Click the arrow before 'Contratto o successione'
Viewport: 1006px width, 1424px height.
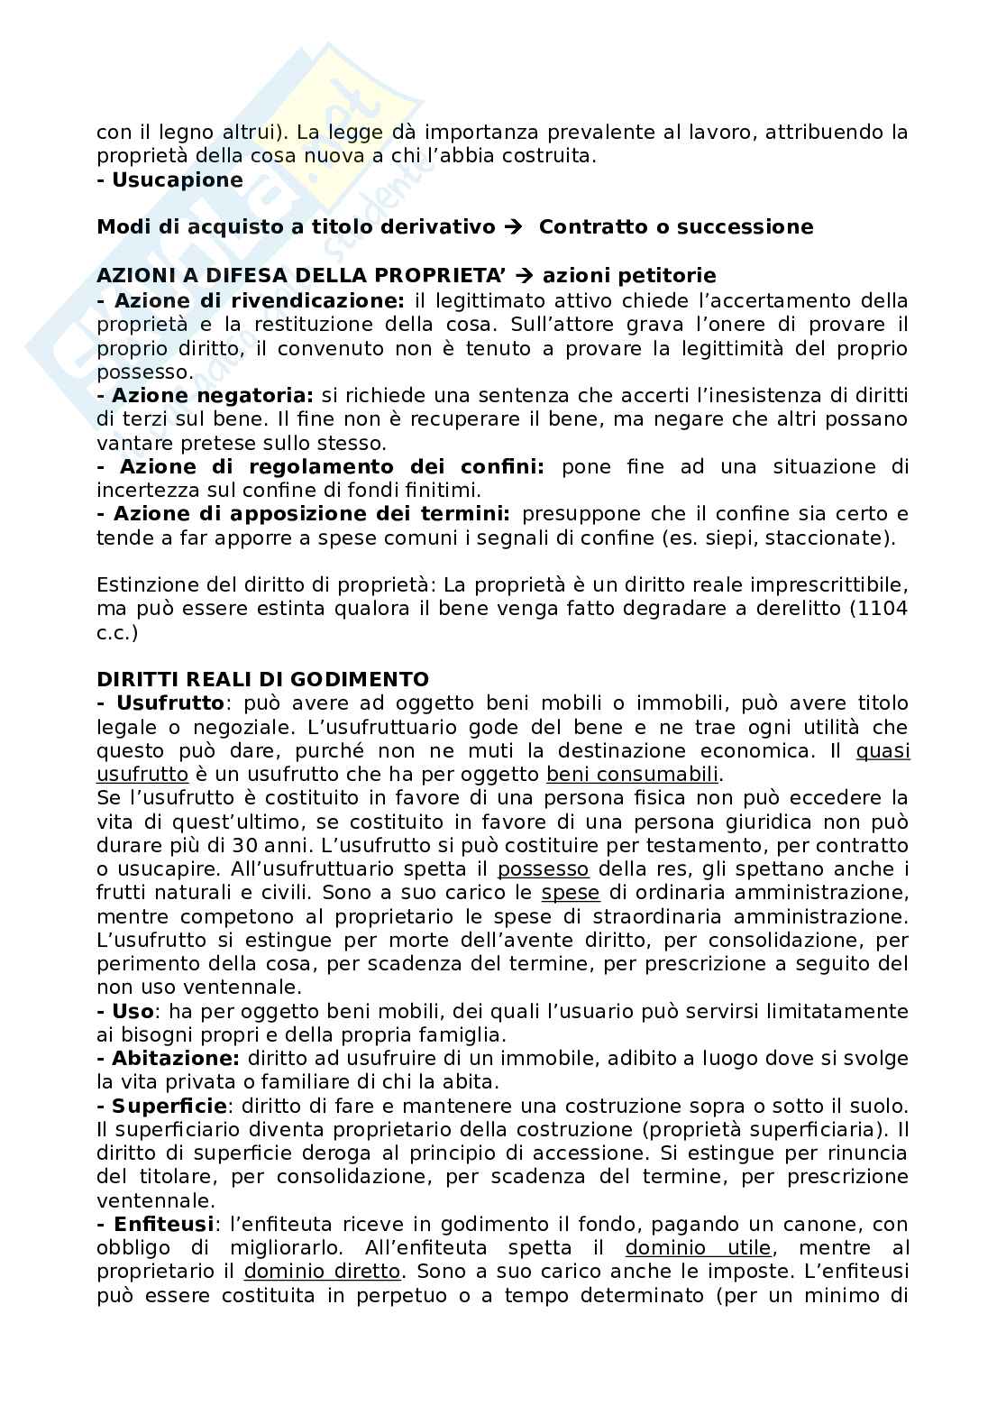click(514, 227)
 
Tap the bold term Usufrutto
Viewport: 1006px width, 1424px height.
click(169, 703)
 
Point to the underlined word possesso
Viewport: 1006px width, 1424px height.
click(543, 868)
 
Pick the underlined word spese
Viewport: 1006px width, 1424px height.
click(570, 892)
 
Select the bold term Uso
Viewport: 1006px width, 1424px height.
click(133, 1011)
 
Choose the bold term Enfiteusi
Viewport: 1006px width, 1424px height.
click(163, 1224)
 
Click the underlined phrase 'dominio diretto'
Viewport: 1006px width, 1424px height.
click(322, 1272)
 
